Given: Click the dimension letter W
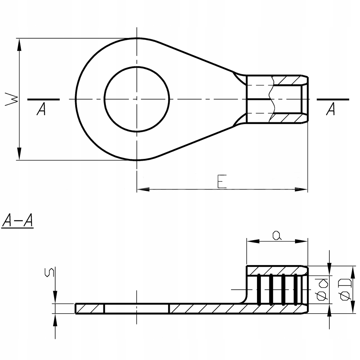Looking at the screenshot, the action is pos(12,99).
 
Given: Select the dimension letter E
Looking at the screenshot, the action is pos(222,181).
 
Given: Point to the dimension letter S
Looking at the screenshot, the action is pos(50,272).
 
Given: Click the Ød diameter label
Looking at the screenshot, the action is pos(322,290).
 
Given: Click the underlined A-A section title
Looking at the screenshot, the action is pos(18,221).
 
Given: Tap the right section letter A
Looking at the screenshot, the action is pos(330,109).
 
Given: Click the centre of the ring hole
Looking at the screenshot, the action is pos(137,99).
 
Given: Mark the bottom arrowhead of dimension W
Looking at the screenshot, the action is pos(20,154).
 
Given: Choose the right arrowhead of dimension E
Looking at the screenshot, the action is pos(301,189).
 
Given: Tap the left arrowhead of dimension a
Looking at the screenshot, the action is pos(253,241).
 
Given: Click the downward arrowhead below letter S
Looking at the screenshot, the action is pos(55,297).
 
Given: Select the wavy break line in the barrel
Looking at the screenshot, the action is pos(272,99).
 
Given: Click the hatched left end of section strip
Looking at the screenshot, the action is pos(90,309).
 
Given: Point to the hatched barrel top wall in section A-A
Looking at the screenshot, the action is pos(277,271).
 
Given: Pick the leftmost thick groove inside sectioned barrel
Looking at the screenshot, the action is pos(259,289).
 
